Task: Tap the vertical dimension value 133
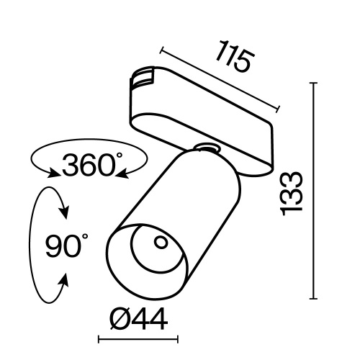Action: (x=292, y=193)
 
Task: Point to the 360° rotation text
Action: (x=89, y=166)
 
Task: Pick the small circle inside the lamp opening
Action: (x=159, y=242)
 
